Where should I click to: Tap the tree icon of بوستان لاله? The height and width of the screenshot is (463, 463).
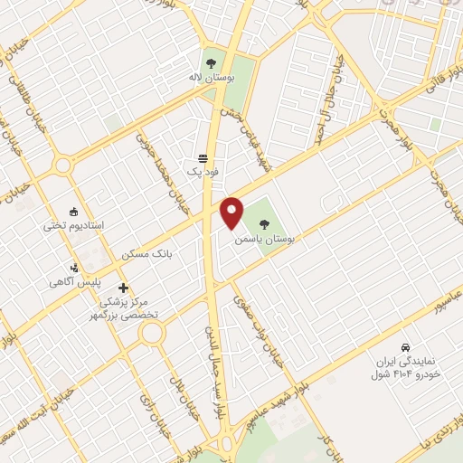(211, 63)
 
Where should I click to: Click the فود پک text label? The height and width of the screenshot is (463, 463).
(197, 170)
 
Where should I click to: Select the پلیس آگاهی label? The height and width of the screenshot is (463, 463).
(73, 282)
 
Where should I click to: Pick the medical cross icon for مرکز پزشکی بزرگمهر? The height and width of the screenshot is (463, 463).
(124, 288)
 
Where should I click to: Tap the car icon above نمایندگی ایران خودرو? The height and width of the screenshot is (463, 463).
(406, 346)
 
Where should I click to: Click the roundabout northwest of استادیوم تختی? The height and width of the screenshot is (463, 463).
(61, 165)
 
